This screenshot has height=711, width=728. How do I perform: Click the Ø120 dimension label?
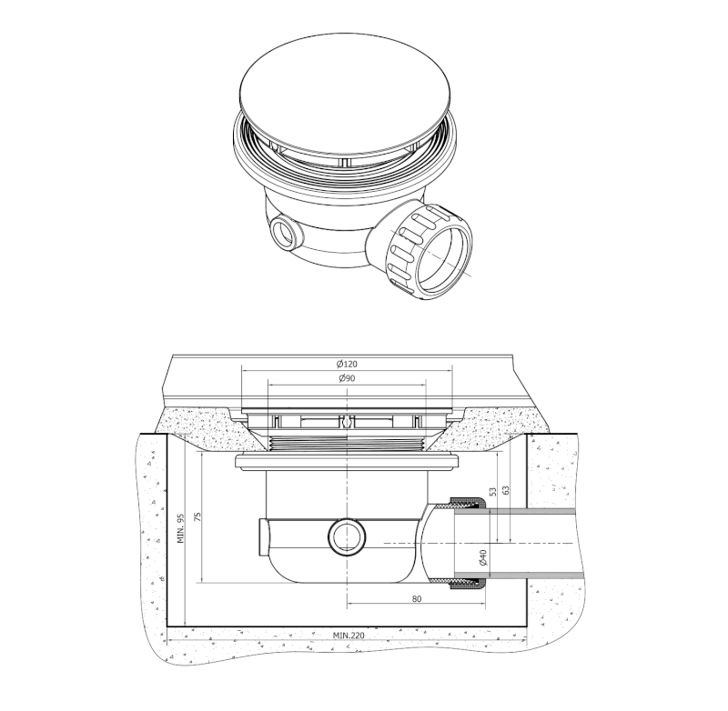[x=348, y=364]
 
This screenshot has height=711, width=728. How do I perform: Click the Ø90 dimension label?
[x=348, y=378]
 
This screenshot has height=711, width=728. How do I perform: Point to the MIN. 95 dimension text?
[x=181, y=528]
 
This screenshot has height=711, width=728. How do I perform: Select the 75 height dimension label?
[x=197, y=517]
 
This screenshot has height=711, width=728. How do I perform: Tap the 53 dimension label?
[x=493, y=491]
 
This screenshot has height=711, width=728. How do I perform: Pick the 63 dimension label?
[x=506, y=490]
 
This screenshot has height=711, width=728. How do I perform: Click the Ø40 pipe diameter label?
[x=482, y=557]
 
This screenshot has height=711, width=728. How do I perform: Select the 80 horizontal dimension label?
[x=417, y=599]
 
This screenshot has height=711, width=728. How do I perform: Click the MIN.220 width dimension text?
[x=349, y=635]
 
